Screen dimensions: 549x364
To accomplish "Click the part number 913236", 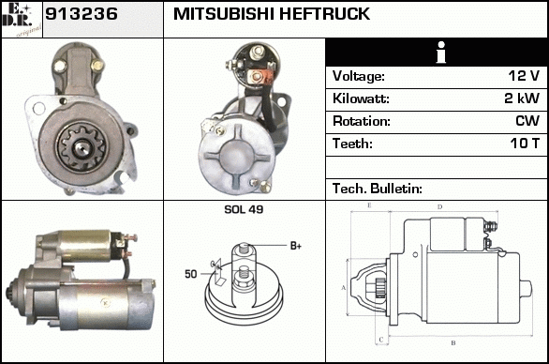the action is [82, 14].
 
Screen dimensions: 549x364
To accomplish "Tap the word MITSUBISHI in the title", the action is [223, 14].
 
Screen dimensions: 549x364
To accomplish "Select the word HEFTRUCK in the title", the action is [324, 14].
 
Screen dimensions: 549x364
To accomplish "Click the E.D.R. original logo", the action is [22, 20].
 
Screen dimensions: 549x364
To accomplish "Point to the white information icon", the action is [441, 53].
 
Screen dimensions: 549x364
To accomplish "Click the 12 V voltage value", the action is [524, 75].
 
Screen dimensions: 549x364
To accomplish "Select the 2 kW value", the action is [522, 99].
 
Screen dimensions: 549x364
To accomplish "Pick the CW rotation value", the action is [527, 121].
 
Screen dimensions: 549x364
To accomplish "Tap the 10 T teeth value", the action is [525, 144].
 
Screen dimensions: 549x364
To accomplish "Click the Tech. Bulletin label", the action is [378, 189].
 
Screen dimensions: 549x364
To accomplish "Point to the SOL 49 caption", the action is [244, 209].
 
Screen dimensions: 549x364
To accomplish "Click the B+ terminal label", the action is [296, 246].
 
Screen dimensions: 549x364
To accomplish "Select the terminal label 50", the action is [191, 274].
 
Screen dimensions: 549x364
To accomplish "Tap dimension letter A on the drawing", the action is [344, 288].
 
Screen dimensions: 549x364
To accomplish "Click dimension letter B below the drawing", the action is [453, 343].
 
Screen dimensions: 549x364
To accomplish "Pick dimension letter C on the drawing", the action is [381, 340].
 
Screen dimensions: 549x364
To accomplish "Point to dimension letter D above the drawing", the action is [440, 207].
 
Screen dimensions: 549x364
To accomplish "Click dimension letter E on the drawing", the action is [369, 205].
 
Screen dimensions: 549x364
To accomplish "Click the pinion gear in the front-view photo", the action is [82, 147].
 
